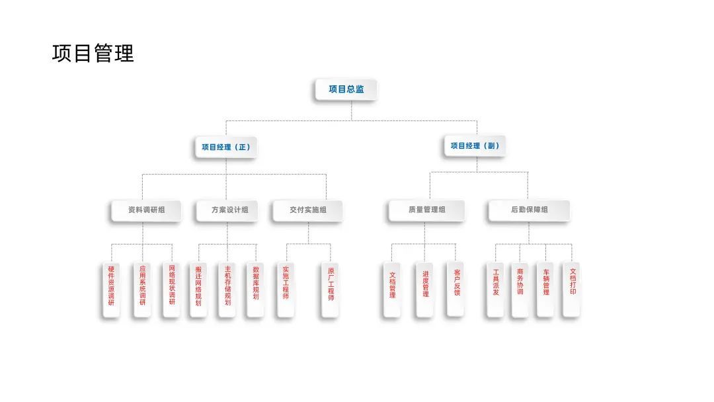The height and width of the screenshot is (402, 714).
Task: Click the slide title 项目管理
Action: (93, 53)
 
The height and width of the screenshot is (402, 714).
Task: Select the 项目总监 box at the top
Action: (346, 89)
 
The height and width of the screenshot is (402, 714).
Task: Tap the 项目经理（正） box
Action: (226, 147)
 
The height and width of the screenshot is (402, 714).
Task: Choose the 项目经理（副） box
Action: (475, 145)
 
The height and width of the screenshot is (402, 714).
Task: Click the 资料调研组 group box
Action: (146, 210)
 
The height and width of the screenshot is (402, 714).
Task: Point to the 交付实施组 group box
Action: (307, 210)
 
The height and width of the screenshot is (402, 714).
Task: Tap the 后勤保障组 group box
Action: (529, 210)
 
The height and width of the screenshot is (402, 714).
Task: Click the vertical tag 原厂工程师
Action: (331, 285)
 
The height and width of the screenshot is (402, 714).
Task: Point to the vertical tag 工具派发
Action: (496, 283)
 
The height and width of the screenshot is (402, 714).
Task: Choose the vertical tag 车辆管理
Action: (546, 283)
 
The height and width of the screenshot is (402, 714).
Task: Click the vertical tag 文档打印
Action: (573, 282)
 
